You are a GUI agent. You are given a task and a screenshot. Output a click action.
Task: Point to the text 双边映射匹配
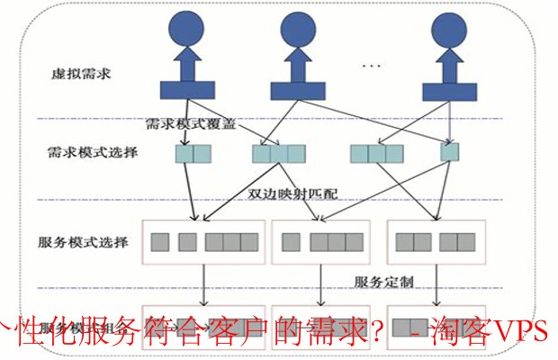[290, 193]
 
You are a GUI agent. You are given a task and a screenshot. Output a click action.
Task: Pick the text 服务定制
[383, 282]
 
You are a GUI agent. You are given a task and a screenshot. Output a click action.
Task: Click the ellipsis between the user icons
[371, 66]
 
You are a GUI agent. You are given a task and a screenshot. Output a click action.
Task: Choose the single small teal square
[449, 152]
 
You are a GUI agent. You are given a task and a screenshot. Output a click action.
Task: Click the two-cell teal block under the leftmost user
[193, 152]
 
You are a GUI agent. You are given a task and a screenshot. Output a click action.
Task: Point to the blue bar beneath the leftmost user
[188, 89]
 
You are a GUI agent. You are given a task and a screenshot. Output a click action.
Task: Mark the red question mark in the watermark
[379, 331]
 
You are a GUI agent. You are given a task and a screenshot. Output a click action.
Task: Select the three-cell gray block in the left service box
[230, 242]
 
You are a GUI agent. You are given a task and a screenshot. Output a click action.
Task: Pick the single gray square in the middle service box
[291, 242]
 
